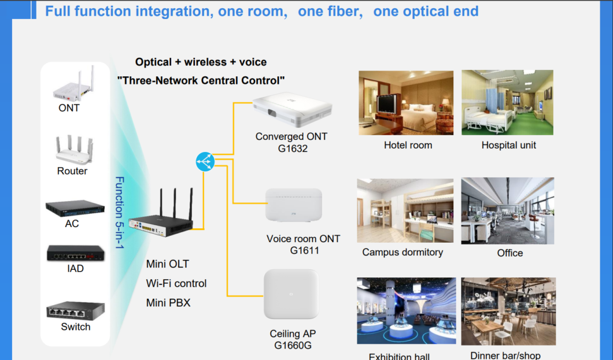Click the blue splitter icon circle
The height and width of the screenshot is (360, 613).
tap(205, 162)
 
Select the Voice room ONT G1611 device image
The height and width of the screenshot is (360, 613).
tap(294, 205)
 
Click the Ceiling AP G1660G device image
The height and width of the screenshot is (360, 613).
tap(291, 294)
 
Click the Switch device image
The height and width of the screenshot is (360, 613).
tap(75, 310)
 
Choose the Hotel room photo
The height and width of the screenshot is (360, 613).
tap(406, 103)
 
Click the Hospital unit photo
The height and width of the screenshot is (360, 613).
tap(507, 103)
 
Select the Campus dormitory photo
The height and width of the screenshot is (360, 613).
tap(405, 210)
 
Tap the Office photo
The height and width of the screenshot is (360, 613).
tap(507, 210)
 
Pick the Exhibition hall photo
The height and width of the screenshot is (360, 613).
tap(406, 311)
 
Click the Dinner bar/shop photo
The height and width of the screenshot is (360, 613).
tap(508, 311)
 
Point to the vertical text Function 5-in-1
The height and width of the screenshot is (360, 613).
tap(119, 213)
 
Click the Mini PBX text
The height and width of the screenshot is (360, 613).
tap(168, 303)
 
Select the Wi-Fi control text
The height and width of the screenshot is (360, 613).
tap(176, 284)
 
